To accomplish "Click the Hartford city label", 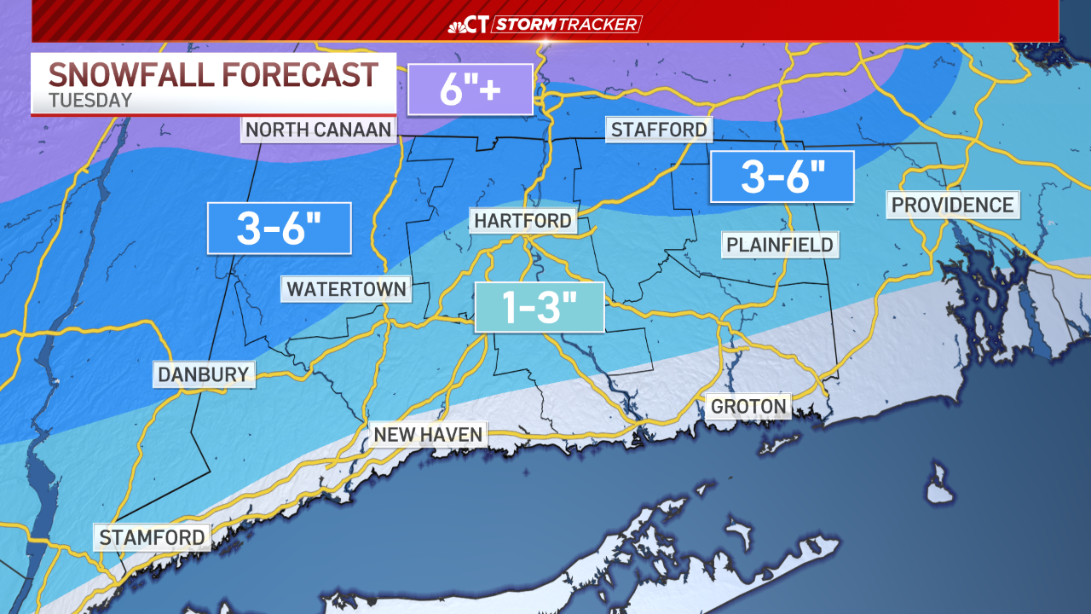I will (x=522, y=221).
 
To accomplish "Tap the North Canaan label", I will (x=319, y=130).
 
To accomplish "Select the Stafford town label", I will (x=658, y=130).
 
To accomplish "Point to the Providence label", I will (x=952, y=205).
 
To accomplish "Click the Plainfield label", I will (x=779, y=246).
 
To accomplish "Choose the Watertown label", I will (x=346, y=289).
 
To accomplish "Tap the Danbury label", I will (x=204, y=374).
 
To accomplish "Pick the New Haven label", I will (x=429, y=434).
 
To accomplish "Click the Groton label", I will (x=748, y=406).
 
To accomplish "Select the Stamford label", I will (x=152, y=537).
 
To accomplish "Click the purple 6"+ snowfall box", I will (x=470, y=90).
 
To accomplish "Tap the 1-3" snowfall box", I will (x=539, y=307).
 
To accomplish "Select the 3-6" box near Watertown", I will (x=280, y=229).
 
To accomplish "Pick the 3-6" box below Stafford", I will (x=782, y=177).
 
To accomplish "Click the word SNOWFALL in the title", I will (x=132, y=75).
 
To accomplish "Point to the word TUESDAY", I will (x=90, y=100).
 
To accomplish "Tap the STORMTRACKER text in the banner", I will (x=566, y=24).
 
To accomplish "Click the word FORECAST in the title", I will (x=300, y=75).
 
